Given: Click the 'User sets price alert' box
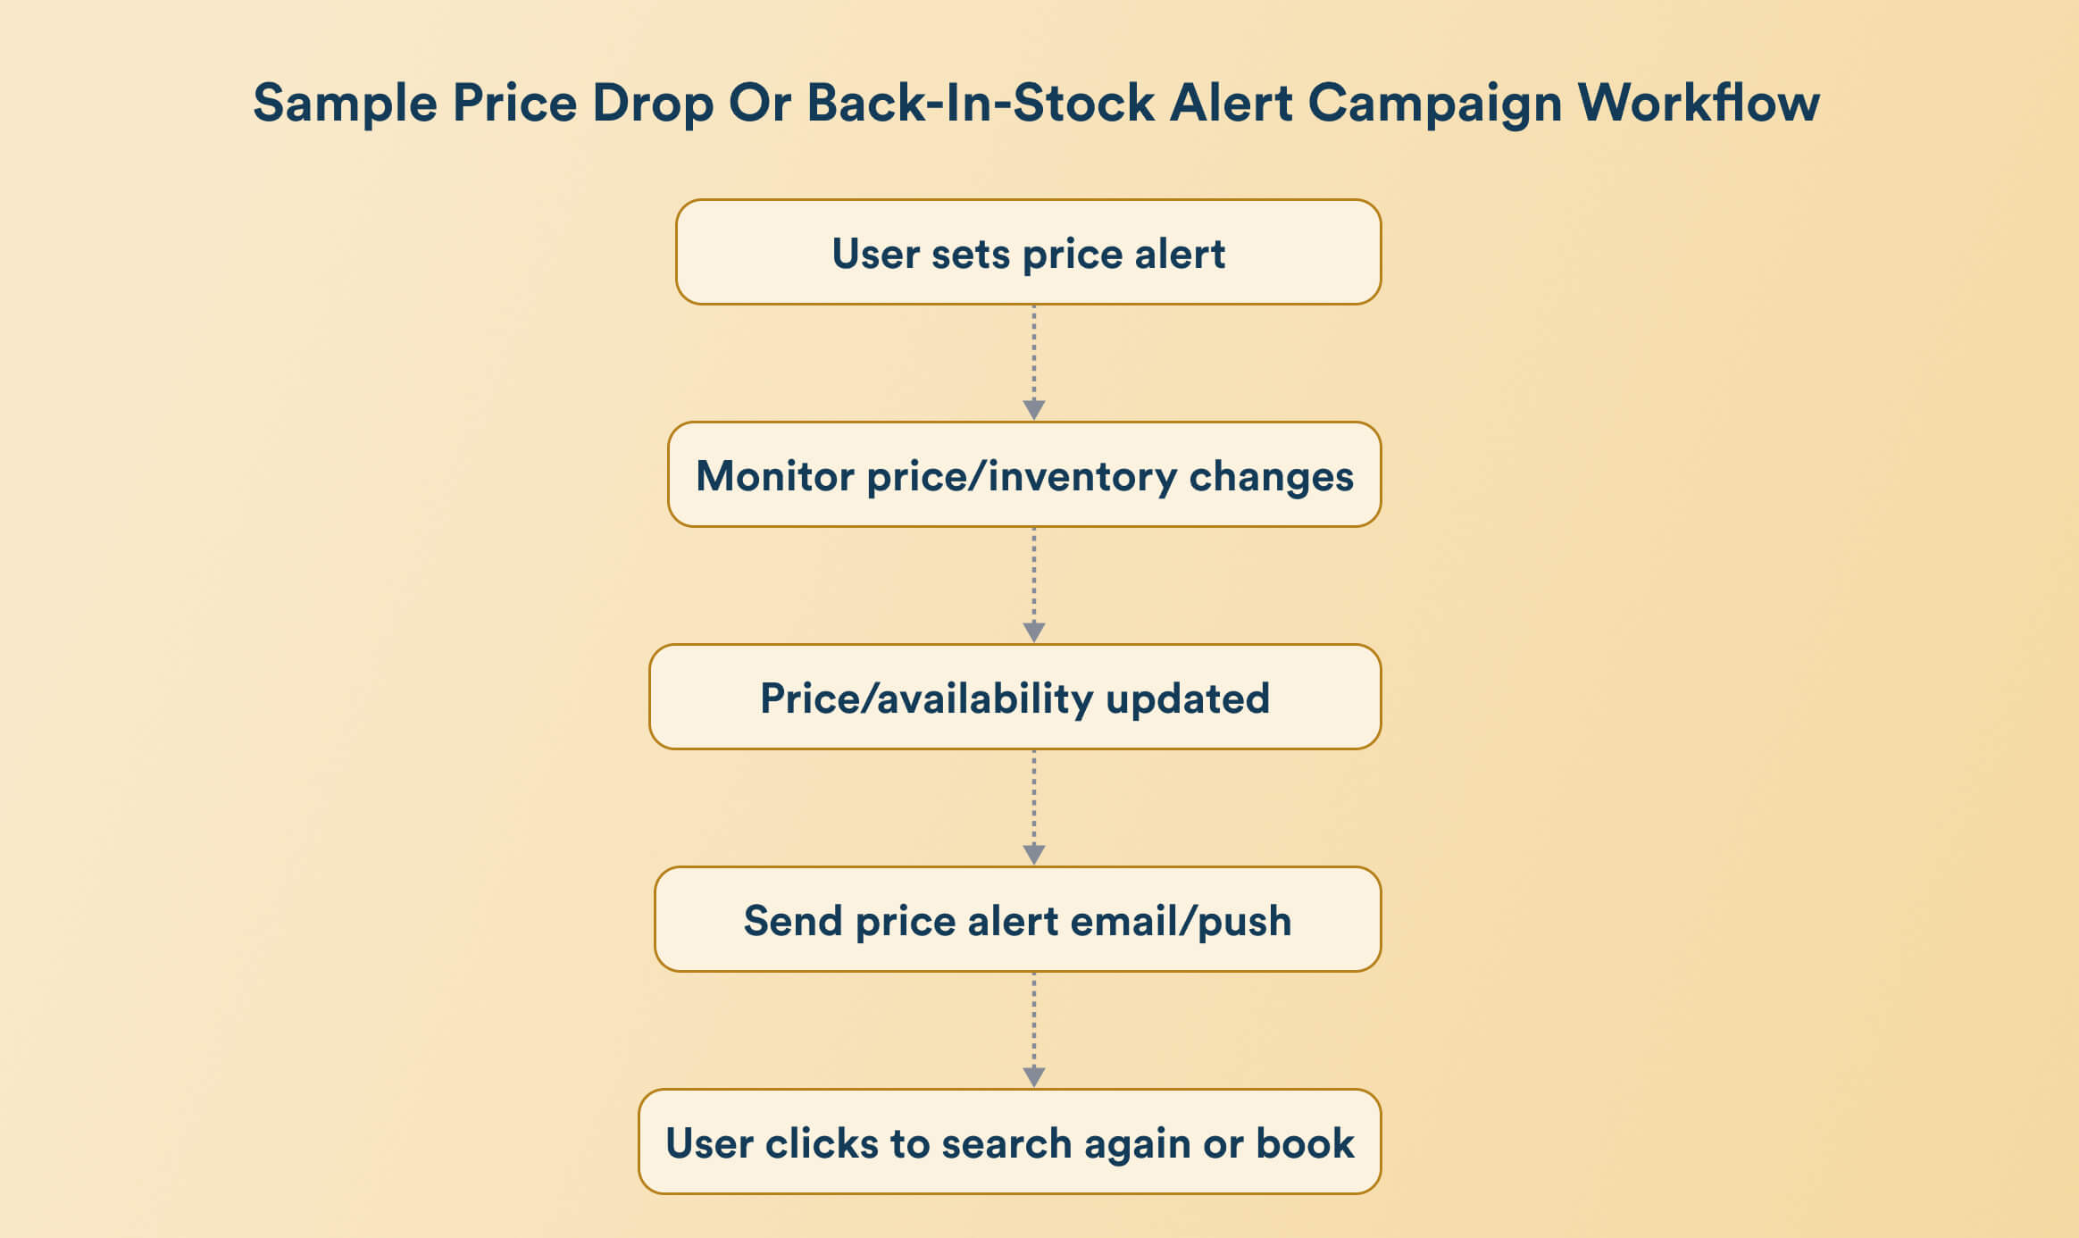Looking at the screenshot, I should pyautogui.click(x=1028, y=253).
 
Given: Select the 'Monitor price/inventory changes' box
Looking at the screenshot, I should pyautogui.click(x=1024, y=475).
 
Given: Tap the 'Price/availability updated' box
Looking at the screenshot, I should pyautogui.click(x=1014, y=698).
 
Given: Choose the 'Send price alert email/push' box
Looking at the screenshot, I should pyautogui.click(x=1017, y=920).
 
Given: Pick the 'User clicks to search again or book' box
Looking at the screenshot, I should pyautogui.click(x=1009, y=1142).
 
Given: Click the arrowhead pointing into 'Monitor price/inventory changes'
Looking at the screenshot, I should pyautogui.click(x=1034, y=410).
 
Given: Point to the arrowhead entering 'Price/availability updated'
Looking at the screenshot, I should pyautogui.click(x=1034, y=632).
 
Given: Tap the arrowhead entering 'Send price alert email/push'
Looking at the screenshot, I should pyautogui.click(x=1034, y=855).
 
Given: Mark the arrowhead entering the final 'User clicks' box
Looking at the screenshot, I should pyautogui.click(x=1034, y=1077).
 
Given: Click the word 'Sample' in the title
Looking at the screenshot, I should pyautogui.click(x=345, y=104).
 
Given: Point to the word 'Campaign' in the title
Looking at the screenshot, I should pyautogui.click(x=1435, y=104).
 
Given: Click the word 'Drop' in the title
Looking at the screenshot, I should pyautogui.click(x=653, y=104).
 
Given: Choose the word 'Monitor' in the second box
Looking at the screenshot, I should pyautogui.click(x=774, y=476).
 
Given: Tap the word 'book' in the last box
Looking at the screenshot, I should pyautogui.click(x=1305, y=1143).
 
